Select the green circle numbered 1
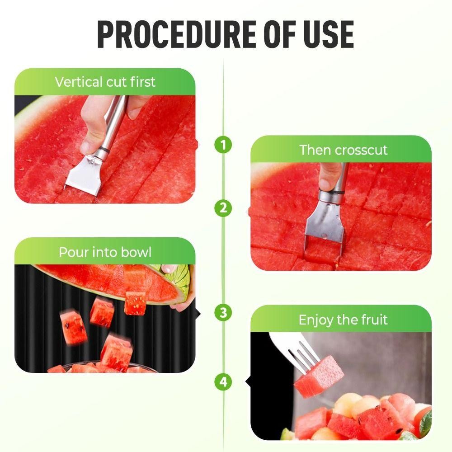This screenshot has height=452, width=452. click(223, 145)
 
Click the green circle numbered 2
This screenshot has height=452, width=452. click(223, 208)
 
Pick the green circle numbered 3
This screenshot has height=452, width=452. click(223, 312)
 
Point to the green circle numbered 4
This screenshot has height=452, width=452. click(223, 381)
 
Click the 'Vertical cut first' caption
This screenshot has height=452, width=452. click(105, 82)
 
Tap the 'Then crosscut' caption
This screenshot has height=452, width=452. click(344, 150)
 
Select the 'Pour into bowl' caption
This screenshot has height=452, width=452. click(105, 252)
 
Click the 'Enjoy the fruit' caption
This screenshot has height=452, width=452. click(343, 320)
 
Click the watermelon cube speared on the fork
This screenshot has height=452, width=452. click(319, 377)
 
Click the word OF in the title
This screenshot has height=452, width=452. click(280, 34)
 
